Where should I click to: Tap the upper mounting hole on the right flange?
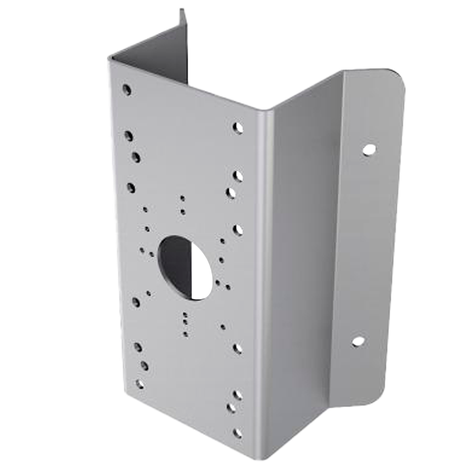(x=369, y=150)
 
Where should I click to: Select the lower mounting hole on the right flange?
(x=358, y=341)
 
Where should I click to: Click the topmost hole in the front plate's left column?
(x=126, y=89)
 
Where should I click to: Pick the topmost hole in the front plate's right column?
(x=238, y=127)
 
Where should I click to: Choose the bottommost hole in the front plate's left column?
(x=139, y=384)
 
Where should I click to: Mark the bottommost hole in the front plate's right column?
(x=238, y=433)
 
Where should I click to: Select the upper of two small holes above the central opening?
(x=183, y=198)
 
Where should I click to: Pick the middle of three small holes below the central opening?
(x=186, y=322)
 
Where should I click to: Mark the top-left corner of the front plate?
(x=110, y=58)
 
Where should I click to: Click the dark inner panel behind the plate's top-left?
(x=154, y=56)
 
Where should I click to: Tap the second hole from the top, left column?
(x=128, y=136)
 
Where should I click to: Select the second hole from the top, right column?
(x=238, y=176)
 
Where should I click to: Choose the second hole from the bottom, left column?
(x=144, y=366)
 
